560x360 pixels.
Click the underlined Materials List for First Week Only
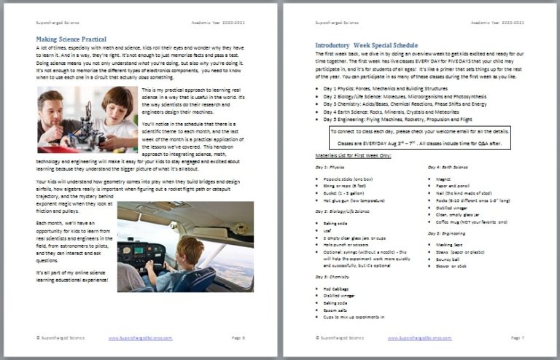point(354,156)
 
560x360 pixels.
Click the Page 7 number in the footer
point(516,338)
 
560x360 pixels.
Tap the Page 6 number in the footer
point(238,338)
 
